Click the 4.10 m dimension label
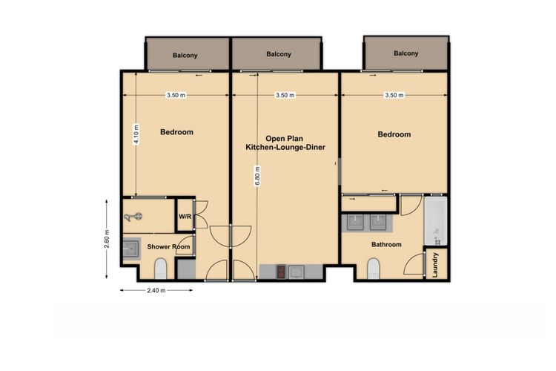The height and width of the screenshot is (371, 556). [136, 134]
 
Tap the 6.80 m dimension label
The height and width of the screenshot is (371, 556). [257, 176]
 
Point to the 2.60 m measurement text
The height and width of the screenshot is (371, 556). [107, 239]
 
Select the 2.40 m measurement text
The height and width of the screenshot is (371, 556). [156, 290]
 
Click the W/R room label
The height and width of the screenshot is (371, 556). [185, 217]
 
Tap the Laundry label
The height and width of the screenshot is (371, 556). [435, 265]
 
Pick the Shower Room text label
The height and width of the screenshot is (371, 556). [168, 246]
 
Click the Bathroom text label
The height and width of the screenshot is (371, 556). [386, 244]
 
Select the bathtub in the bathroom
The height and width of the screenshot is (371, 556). [435, 221]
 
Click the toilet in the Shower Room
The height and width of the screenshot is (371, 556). [161, 269]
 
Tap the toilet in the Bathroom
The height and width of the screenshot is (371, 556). [374, 269]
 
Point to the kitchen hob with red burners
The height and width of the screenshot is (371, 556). [281, 272]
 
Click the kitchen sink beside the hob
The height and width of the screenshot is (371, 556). [296, 272]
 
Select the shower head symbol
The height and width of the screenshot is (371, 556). [133, 217]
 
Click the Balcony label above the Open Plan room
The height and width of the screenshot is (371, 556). [279, 54]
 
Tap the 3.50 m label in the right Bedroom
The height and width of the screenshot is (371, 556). [394, 95]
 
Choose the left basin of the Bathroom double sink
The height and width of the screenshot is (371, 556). [355, 223]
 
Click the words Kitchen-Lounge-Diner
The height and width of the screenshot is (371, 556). [285, 147]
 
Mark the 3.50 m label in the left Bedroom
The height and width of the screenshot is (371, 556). [176, 95]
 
